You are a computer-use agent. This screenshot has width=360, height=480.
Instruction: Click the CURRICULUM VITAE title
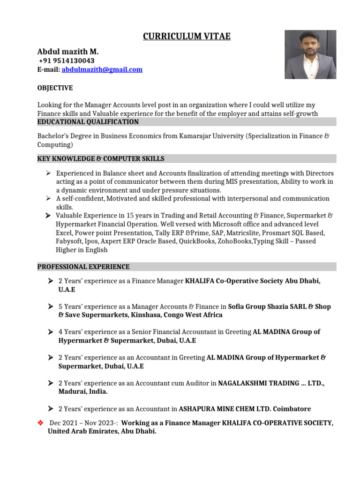tap(187, 37)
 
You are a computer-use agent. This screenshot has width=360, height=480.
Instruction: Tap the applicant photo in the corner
tap(310, 54)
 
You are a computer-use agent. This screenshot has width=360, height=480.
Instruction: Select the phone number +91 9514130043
tap(66, 61)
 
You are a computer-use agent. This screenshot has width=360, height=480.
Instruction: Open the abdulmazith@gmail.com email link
tap(102, 69)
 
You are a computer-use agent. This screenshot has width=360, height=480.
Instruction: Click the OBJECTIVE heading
tap(55, 88)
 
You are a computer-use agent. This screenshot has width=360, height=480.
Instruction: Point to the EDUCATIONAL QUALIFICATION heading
tap(88, 122)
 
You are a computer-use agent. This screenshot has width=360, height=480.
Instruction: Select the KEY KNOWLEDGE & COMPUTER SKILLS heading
tap(101, 158)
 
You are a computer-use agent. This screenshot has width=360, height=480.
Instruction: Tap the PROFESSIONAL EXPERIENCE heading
tap(83, 267)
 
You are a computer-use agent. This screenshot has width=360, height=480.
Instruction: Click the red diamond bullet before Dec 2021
tap(40, 423)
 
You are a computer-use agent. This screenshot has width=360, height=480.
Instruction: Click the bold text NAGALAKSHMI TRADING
tap(258, 383)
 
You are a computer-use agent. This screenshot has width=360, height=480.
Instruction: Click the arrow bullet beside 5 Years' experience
tap(50, 307)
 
